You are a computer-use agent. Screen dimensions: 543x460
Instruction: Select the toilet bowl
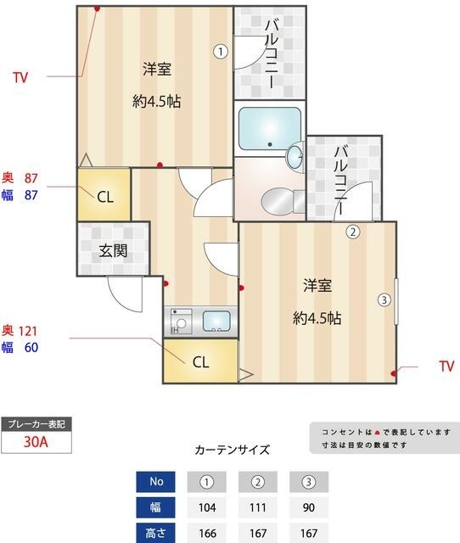(x=278, y=202)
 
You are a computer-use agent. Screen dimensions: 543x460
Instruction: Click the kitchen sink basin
(x=216, y=322)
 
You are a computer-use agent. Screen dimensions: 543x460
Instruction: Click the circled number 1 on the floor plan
(x=221, y=51)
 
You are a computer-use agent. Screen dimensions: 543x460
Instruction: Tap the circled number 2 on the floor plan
(x=352, y=231)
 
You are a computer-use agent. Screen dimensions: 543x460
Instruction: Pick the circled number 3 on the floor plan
(x=384, y=299)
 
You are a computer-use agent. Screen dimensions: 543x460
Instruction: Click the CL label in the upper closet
(x=104, y=198)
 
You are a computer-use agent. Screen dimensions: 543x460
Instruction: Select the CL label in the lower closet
(x=200, y=362)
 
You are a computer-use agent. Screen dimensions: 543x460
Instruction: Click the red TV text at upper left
(x=20, y=78)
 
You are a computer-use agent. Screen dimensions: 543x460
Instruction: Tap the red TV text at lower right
(x=446, y=367)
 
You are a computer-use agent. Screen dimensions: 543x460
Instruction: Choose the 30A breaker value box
(x=35, y=442)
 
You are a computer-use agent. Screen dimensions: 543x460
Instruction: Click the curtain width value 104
(x=207, y=508)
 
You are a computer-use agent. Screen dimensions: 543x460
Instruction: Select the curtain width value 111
(x=258, y=508)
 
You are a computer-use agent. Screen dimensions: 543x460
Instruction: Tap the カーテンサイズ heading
(x=232, y=450)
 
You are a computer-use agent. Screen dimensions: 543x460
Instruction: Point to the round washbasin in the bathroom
(x=295, y=156)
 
